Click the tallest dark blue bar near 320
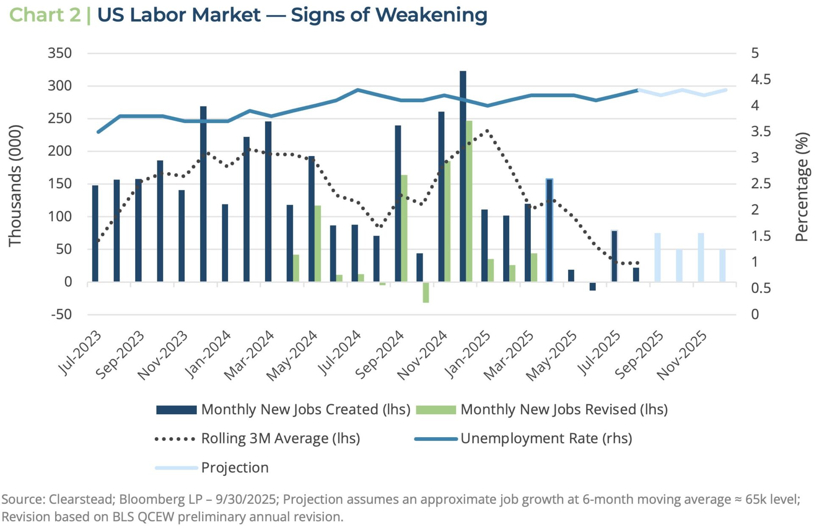(x=463, y=176)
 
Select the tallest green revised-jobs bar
(x=469, y=201)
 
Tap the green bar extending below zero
(x=426, y=293)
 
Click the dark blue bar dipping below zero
(x=593, y=287)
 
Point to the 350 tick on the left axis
(x=60, y=53)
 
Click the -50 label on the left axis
(x=61, y=315)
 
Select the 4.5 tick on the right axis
(x=761, y=79)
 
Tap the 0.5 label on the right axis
(x=761, y=288)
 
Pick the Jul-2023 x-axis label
(x=79, y=354)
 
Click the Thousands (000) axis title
(x=15, y=185)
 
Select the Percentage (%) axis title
(x=801, y=187)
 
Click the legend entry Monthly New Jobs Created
(x=305, y=410)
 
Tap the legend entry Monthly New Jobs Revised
(x=564, y=410)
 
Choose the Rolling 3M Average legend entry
(x=280, y=438)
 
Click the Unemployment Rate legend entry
(x=546, y=438)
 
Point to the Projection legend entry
(x=234, y=468)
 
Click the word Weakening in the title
(x=431, y=15)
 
